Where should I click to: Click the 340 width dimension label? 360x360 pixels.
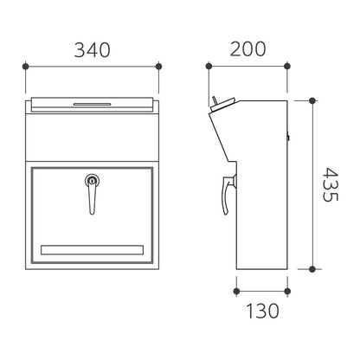92,50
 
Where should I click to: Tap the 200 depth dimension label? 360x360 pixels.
247,49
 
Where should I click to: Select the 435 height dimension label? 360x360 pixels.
330,184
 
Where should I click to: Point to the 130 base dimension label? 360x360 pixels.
262,311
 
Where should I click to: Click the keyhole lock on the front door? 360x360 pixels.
92,181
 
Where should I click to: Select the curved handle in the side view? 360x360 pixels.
228,195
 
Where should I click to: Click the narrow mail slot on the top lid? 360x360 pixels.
92,104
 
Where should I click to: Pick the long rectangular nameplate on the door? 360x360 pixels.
92,250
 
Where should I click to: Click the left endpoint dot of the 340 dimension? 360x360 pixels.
26,67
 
